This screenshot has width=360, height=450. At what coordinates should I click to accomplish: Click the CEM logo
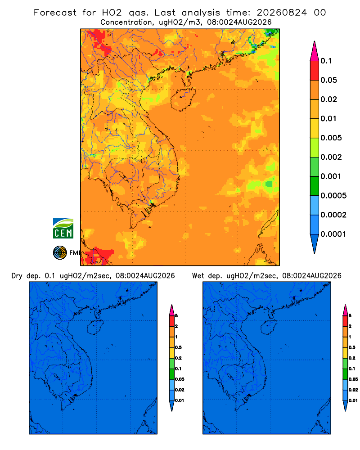[63, 228]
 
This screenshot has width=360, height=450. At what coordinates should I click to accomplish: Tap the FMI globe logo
[60, 252]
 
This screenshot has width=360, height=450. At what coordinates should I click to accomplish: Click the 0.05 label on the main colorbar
[328, 80]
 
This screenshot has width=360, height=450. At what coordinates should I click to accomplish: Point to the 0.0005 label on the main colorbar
[333, 196]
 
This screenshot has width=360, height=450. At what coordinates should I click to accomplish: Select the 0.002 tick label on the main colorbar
[331, 157]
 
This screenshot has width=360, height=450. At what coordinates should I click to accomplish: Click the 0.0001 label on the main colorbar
[333, 234]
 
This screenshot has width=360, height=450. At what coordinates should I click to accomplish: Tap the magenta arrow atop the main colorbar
[315, 51]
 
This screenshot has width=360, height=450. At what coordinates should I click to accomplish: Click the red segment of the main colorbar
[315, 71]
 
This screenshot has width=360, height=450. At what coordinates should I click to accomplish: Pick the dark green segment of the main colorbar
[315, 186]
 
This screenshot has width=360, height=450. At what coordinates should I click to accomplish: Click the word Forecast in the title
[55, 13]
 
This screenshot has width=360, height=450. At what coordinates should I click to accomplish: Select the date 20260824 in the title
[282, 13]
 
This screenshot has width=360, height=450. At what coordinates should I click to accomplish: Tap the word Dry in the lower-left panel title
[17, 276]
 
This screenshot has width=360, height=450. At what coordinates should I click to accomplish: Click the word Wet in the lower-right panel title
[198, 276]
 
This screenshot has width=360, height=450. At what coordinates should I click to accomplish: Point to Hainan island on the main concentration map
[183, 99]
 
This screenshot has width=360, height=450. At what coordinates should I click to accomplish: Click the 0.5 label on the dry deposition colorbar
[178, 347]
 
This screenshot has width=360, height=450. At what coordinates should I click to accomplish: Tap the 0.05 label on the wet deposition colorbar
[353, 379]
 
